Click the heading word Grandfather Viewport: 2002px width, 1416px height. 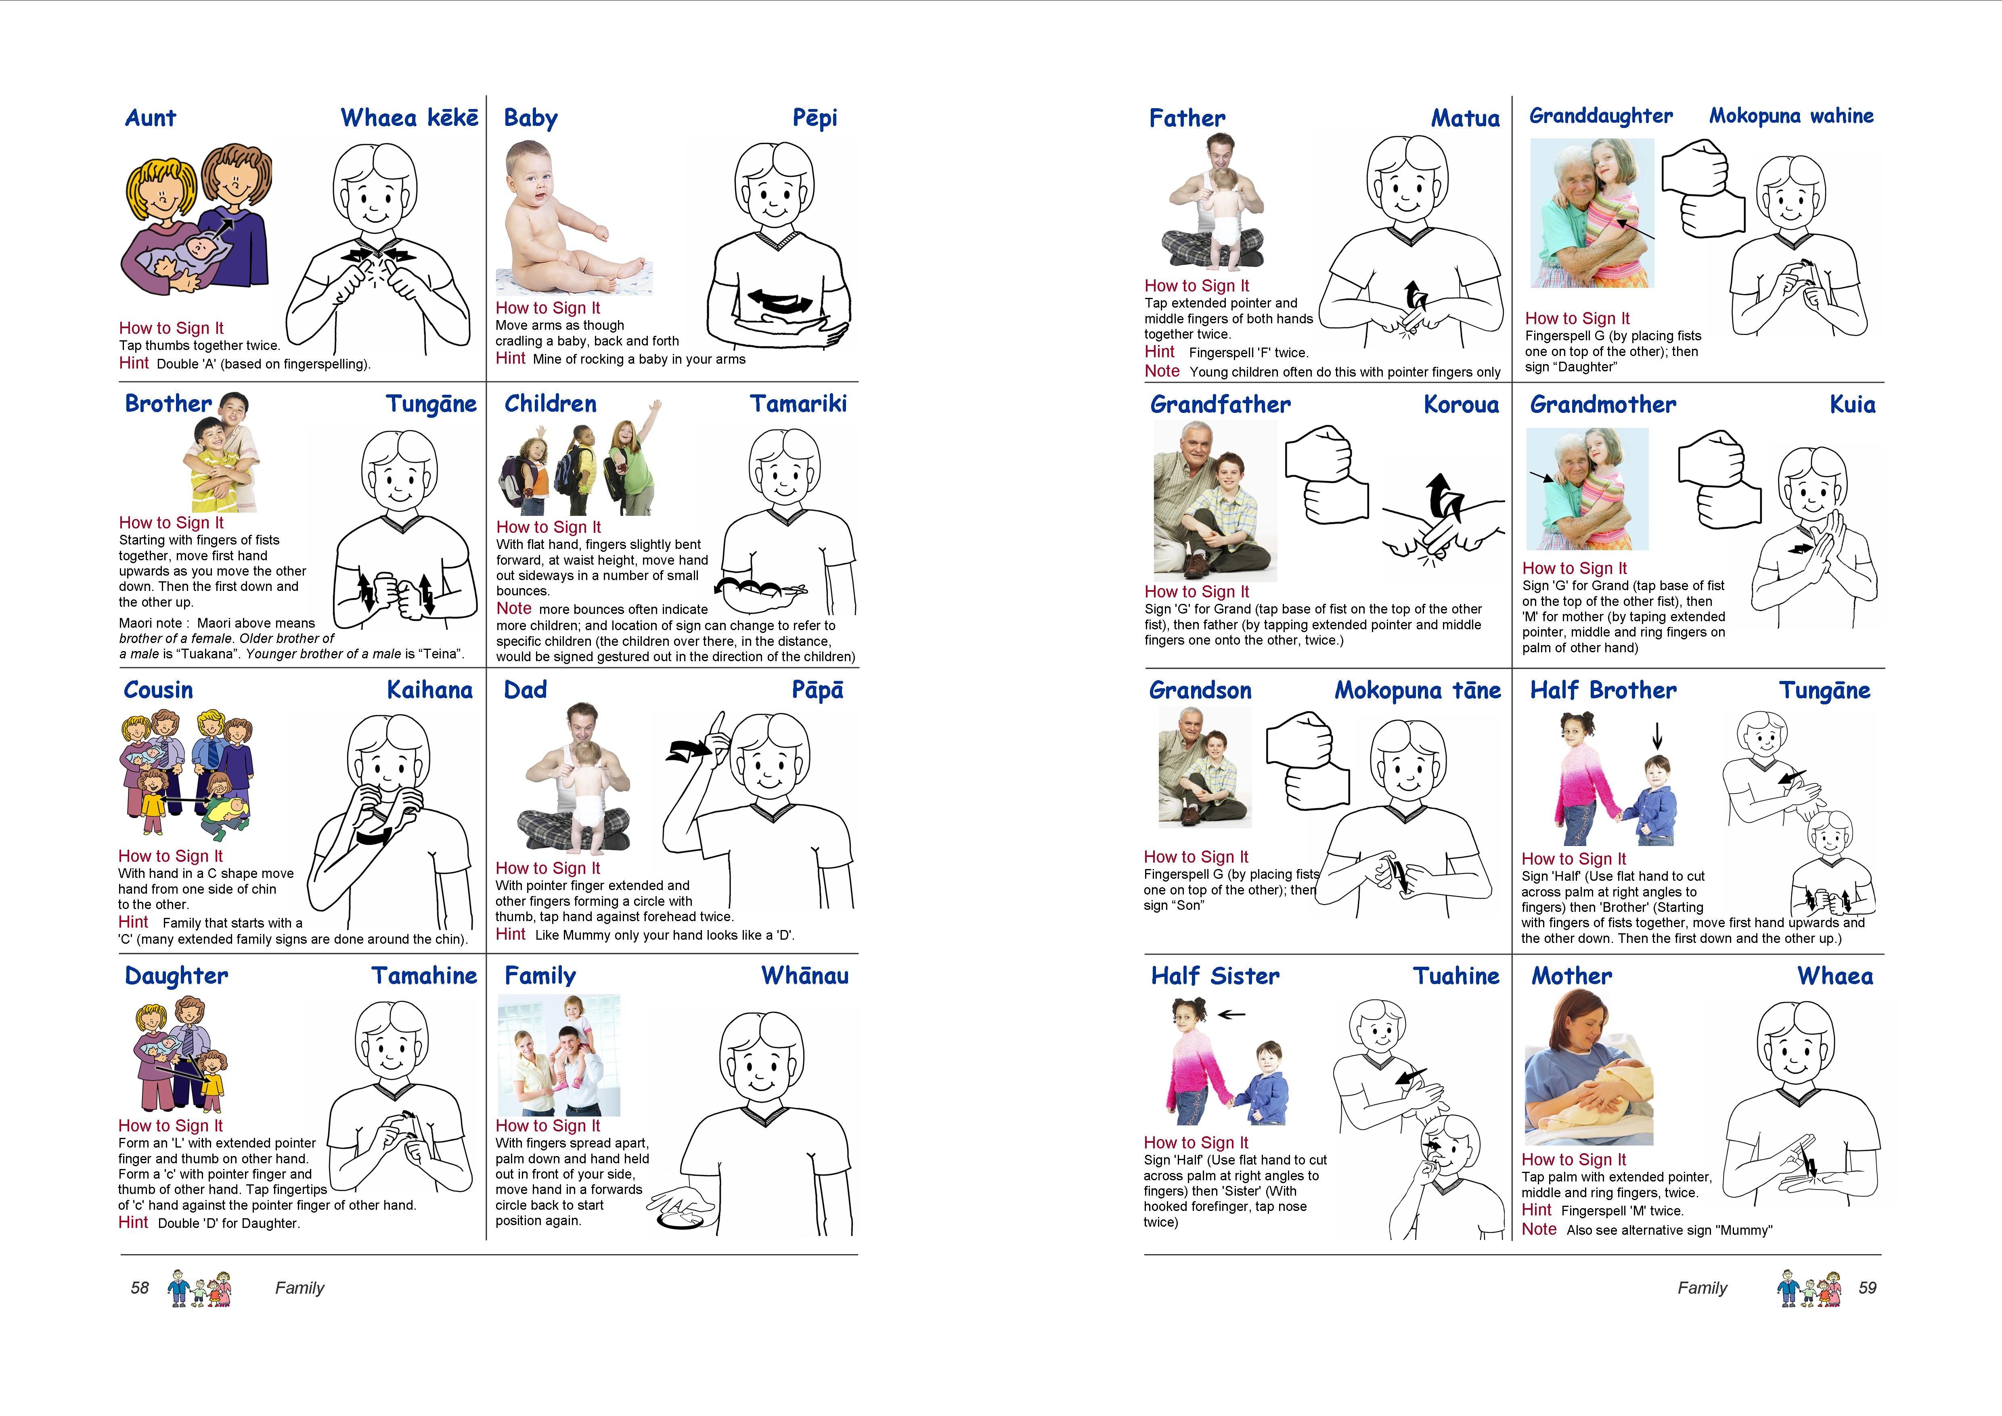point(1220,404)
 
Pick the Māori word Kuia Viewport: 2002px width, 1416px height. point(1852,404)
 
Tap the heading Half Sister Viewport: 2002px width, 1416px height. point(1215,976)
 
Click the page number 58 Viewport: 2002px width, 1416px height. point(140,1288)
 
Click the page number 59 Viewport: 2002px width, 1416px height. point(1867,1288)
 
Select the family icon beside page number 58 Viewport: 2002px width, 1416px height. point(200,1288)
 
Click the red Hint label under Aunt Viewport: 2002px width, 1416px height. point(134,364)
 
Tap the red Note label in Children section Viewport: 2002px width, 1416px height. point(513,609)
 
